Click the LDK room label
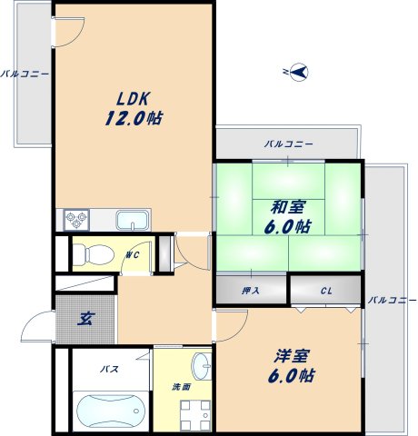click(134, 99)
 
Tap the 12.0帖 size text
click(134, 118)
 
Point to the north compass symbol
click(298, 72)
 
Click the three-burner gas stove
click(76, 220)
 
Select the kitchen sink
click(133, 221)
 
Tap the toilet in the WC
click(94, 254)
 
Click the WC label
click(133, 255)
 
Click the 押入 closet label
click(251, 291)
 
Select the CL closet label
click(326, 292)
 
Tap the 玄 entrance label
click(86, 319)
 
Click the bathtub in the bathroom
click(111, 411)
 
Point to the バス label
click(110, 369)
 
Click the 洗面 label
click(182, 387)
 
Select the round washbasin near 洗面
click(202, 366)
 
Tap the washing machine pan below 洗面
click(195, 415)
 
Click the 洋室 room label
click(292, 356)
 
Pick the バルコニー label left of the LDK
click(25, 74)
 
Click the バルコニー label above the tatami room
click(289, 144)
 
